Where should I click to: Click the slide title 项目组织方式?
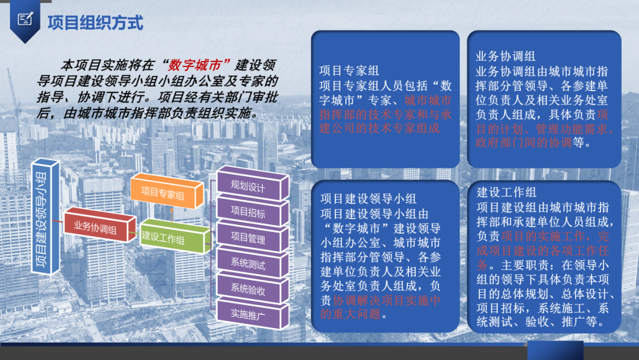point(95,22)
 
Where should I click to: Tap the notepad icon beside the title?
point(25,19)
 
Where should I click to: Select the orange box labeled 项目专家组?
point(167,191)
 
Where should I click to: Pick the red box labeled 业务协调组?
point(99,224)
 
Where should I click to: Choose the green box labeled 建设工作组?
point(175,236)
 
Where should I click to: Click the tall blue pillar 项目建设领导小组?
point(45,217)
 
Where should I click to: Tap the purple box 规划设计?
point(253,184)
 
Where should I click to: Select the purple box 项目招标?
point(253,210)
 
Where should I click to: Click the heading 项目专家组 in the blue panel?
point(349,70)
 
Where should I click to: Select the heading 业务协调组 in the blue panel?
point(505,56)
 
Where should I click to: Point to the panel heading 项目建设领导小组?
point(369,198)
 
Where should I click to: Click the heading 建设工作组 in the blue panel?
point(506,192)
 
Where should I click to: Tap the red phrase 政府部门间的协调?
point(524,142)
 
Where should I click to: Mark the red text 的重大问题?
point(350,314)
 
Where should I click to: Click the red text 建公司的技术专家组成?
point(380,128)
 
